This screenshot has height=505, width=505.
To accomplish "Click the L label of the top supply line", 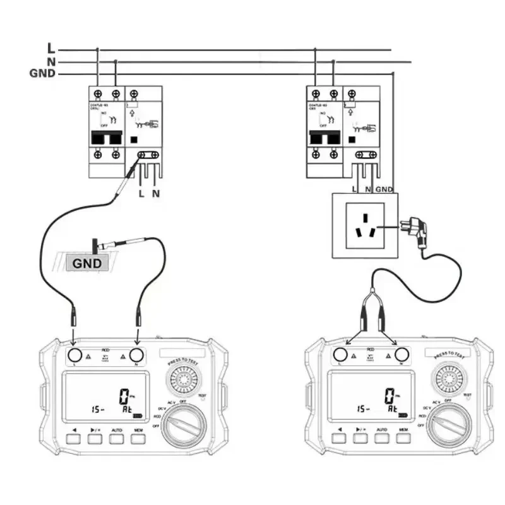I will [51, 48].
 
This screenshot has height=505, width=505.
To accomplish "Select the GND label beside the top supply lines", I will [42, 74].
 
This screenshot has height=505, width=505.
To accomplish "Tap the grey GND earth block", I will [87, 263].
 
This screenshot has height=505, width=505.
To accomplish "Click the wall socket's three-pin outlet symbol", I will [365, 225].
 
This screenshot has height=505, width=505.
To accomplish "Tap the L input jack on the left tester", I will [75, 355].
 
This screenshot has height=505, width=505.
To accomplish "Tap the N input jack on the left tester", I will [136, 355].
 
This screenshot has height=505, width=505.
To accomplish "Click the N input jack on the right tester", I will [401, 355].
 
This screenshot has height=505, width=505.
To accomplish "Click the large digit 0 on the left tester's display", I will [124, 397].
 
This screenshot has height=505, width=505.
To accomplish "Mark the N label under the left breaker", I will [156, 193].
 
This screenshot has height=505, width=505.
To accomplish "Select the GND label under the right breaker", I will [384, 189].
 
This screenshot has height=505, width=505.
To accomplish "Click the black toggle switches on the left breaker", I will [107, 138].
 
